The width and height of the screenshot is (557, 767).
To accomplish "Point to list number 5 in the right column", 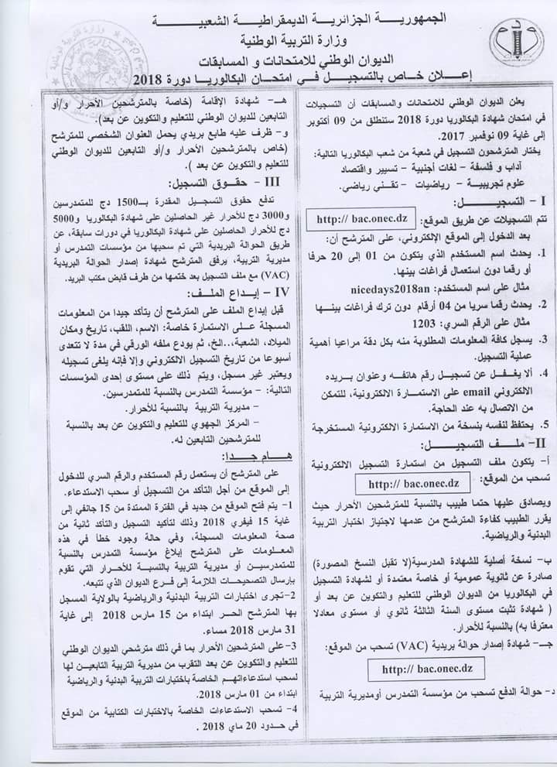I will pos(544,425).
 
